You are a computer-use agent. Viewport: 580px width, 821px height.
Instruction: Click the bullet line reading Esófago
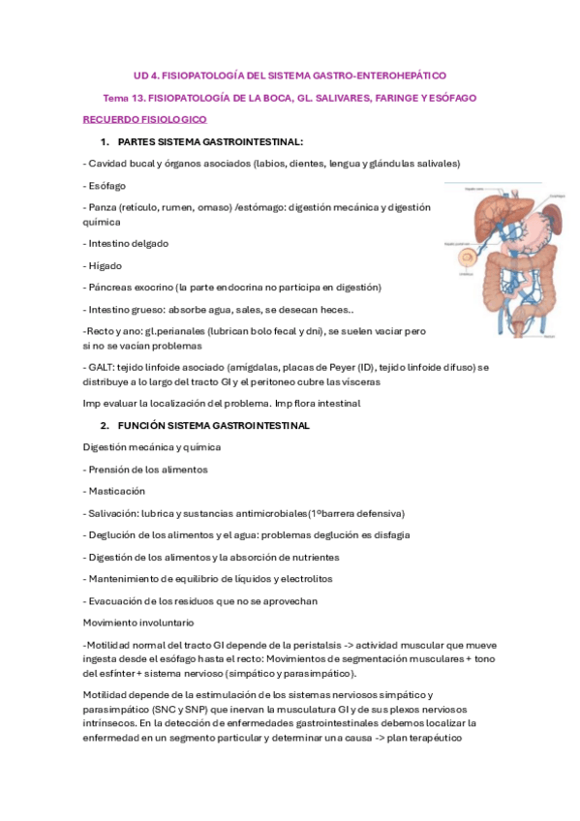point(107,185)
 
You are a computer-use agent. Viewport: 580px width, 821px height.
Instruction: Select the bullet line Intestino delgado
point(126,243)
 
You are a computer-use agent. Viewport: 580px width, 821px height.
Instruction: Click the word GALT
point(102,367)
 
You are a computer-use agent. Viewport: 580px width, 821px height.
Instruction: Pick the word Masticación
point(118,491)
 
